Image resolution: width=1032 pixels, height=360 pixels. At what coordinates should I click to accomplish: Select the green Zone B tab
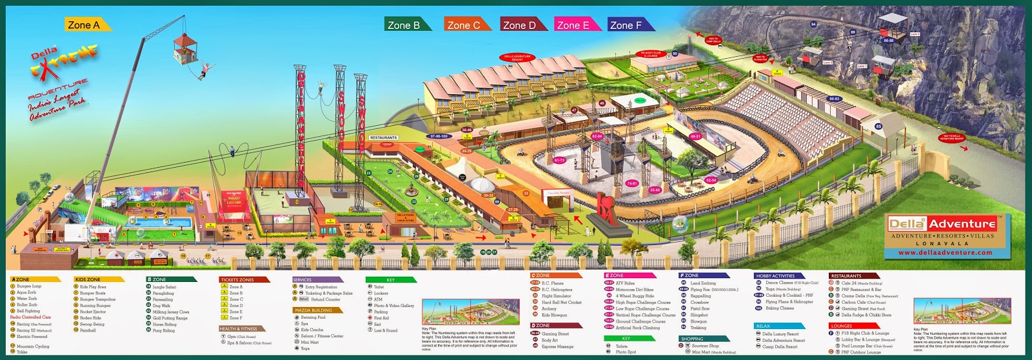[x=404, y=25]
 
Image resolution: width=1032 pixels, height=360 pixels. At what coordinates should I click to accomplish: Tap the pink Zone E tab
[x=573, y=25]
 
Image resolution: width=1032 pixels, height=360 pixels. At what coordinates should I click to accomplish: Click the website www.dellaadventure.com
[x=946, y=253]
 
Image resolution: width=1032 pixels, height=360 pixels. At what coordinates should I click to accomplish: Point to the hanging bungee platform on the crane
[x=184, y=45]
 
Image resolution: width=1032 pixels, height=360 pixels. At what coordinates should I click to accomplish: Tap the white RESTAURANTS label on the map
[x=383, y=137]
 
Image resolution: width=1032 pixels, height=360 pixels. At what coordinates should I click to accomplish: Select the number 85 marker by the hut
[x=878, y=126]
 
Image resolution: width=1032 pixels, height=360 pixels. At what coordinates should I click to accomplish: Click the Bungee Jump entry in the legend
[x=29, y=286]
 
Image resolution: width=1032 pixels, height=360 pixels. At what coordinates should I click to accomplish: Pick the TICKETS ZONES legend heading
[x=237, y=280]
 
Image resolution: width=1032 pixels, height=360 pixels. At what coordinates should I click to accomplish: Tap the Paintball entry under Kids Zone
[x=88, y=330]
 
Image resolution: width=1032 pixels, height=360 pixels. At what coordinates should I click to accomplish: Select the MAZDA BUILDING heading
[x=313, y=310]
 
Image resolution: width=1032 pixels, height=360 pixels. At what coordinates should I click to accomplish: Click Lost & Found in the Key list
[x=386, y=330]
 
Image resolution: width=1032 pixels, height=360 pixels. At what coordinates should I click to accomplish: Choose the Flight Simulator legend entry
[x=556, y=296]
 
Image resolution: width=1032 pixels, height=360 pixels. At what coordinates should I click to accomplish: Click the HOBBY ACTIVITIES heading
[x=776, y=276]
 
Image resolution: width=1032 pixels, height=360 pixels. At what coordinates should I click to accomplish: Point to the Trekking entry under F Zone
[x=699, y=328]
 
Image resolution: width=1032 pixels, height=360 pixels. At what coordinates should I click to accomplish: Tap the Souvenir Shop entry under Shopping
[x=705, y=346]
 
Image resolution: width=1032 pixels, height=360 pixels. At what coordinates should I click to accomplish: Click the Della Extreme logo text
[x=61, y=65]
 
